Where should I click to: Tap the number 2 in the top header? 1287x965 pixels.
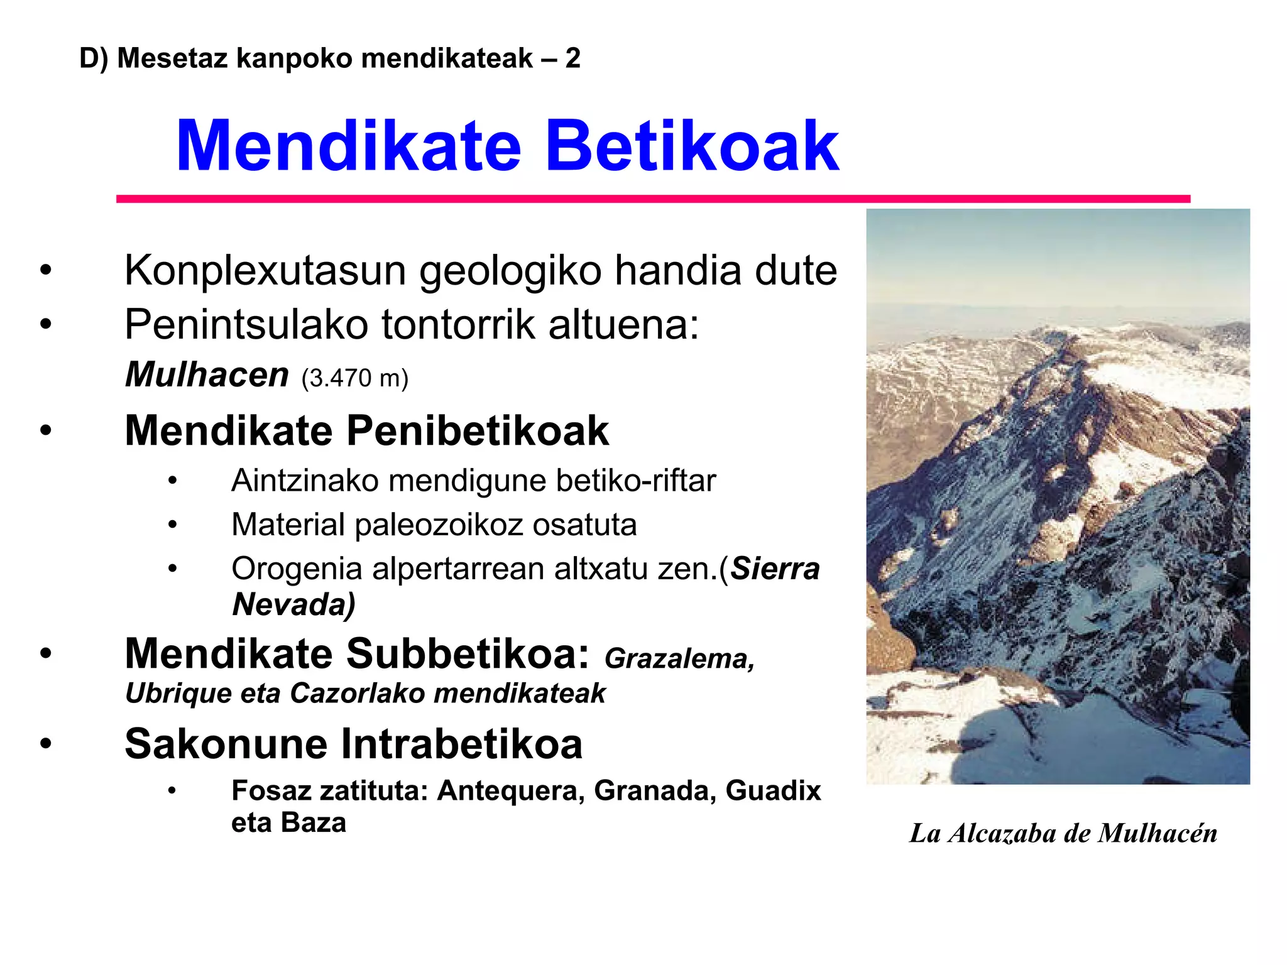pyautogui.click(x=572, y=58)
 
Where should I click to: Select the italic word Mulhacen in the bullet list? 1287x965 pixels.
pyautogui.click(x=207, y=374)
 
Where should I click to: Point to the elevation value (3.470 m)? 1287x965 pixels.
pyautogui.click(x=355, y=378)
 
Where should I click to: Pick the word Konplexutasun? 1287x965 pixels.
pyautogui.click(x=265, y=271)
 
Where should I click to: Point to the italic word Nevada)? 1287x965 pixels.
pyautogui.click(x=293, y=604)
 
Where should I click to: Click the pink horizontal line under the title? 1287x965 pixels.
pyautogui.click(x=654, y=199)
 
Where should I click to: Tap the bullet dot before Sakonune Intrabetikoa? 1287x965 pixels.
pyautogui.click(x=45, y=744)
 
